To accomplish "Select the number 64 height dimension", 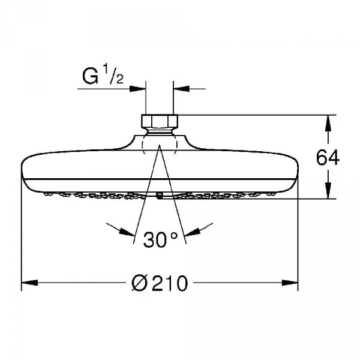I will [x=328, y=158].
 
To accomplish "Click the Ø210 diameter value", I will [x=160, y=282].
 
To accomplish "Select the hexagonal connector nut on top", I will [x=160, y=121].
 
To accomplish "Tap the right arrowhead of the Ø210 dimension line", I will [x=293, y=282].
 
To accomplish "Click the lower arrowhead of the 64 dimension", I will [x=328, y=194].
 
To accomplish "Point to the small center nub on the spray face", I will [x=160, y=195].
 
